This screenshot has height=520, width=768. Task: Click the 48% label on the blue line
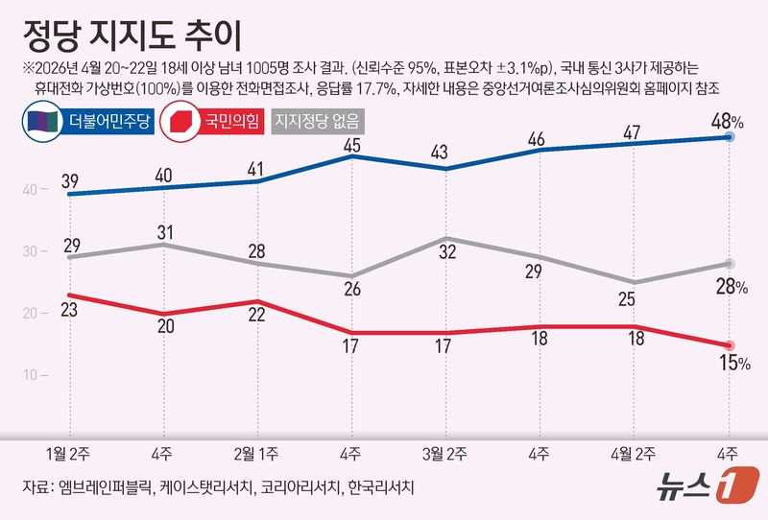(x=727, y=121)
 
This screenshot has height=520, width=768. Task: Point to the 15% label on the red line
(x=730, y=363)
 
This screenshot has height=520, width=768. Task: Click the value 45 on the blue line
(x=351, y=145)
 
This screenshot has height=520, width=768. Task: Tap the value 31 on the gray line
(x=162, y=231)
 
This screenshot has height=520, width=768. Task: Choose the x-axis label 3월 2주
(x=444, y=453)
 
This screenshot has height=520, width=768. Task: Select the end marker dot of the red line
(x=730, y=345)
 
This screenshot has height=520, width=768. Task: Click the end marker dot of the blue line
(x=730, y=137)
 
